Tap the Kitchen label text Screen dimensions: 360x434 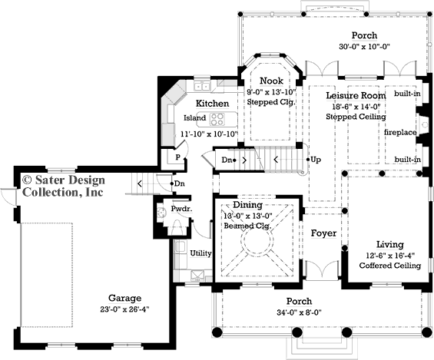click(211, 103)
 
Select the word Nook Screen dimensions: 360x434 click(271, 81)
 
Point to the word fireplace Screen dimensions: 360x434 click(400, 132)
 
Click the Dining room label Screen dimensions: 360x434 click(247, 205)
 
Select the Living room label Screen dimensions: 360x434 click(390, 244)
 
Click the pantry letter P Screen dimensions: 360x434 click(177, 156)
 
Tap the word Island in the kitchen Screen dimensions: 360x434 click(195, 118)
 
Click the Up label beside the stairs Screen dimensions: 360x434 click(316, 160)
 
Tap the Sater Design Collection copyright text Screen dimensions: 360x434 click(61, 186)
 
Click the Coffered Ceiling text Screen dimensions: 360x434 click(390, 266)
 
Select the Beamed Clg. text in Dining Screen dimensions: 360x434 click(247, 226)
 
